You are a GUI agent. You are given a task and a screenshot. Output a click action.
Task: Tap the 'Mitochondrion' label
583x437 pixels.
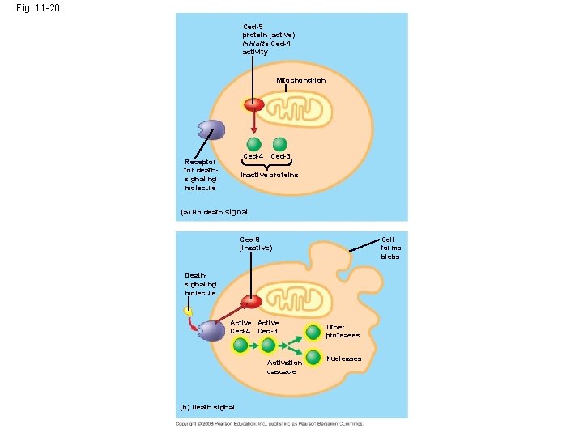(x=300, y=80)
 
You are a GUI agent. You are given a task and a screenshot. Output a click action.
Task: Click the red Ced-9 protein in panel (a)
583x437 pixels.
(x=254, y=104)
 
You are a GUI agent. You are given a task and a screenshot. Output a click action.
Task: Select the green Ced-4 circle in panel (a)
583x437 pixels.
(x=254, y=144)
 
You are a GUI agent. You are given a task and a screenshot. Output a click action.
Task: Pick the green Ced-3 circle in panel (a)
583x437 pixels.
(x=280, y=144)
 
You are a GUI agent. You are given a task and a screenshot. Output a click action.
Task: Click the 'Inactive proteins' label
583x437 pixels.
(x=270, y=175)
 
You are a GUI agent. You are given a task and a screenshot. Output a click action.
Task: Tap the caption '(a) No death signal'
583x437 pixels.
(x=214, y=212)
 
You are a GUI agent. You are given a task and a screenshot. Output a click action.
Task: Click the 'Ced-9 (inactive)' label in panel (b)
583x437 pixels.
(x=255, y=243)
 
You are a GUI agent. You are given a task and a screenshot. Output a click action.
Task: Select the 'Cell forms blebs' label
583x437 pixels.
(x=389, y=248)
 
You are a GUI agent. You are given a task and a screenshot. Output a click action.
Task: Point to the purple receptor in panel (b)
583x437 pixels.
(x=212, y=331)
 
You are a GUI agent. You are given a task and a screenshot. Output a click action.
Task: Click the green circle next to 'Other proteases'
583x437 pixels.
(x=313, y=331)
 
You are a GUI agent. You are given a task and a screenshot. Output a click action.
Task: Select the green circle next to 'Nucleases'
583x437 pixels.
(x=313, y=359)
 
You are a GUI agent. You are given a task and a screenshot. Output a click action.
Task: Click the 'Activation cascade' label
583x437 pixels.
(x=284, y=367)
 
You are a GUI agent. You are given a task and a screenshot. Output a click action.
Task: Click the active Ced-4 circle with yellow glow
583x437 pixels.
(x=240, y=346)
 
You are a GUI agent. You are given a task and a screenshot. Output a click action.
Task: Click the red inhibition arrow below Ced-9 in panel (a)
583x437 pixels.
(x=254, y=121)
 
